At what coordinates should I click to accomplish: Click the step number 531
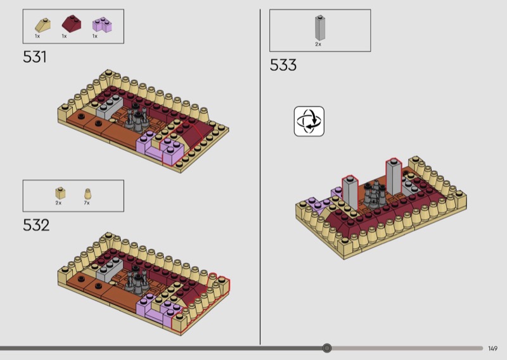[35, 57]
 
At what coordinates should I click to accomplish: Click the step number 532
[36, 225]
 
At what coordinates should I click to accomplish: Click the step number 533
[283, 65]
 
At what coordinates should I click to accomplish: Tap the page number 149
[493, 349]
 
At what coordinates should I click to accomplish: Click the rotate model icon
[309, 121]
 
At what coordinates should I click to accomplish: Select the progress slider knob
[327, 348]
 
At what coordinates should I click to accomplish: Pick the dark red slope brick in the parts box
[72, 23]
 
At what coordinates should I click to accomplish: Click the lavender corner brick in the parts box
[102, 25]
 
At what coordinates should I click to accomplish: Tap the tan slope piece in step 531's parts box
[42, 25]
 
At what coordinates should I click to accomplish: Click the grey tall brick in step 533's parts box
[320, 28]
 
